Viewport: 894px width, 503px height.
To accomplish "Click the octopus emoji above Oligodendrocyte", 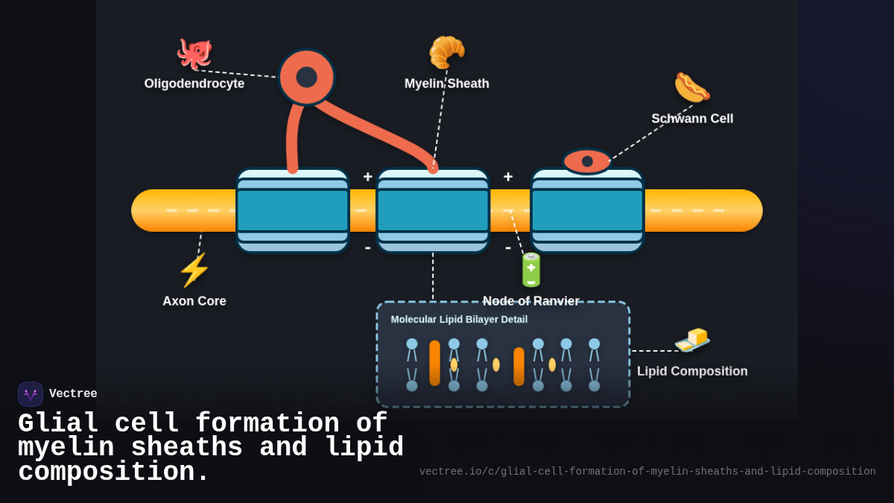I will point(194,54).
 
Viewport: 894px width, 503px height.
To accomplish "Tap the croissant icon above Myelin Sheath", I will point(447,52).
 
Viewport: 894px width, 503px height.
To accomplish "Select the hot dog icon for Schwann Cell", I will point(691,88).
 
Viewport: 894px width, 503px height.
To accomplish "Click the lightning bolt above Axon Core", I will point(194,270).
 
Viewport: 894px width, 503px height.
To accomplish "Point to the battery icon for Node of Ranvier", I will point(531,270).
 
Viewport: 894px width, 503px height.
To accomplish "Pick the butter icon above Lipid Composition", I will point(692,340).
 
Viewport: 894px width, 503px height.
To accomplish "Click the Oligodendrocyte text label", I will point(194,83).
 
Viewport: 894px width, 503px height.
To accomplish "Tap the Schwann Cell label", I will point(692,118).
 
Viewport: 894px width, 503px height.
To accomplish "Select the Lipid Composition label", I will point(692,371).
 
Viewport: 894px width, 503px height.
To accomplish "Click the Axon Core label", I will point(194,301).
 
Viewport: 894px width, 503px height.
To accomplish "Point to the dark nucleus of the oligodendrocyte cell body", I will point(306,77).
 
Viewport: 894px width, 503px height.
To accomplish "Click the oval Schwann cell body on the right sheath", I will point(587,161).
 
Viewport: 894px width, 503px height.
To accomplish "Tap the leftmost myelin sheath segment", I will point(292,211).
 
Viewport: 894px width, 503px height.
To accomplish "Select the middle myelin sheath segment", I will point(433,211).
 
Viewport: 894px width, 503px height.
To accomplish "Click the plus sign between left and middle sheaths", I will point(367,177).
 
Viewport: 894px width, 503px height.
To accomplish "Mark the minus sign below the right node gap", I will point(508,247).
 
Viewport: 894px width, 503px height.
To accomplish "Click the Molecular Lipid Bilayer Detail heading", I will point(459,319).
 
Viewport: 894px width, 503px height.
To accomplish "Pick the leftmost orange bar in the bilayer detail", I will point(434,363).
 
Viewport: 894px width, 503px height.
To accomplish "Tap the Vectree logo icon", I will point(31,394).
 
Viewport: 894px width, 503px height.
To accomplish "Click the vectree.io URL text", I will point(647,472).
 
